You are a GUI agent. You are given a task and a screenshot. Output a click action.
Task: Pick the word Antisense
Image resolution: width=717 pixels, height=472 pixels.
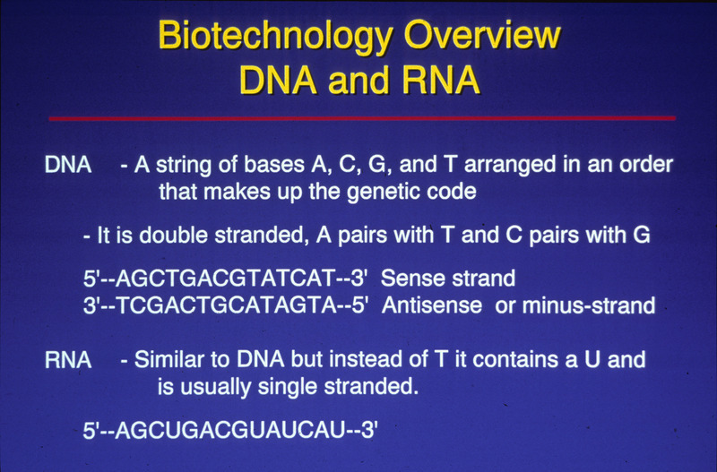click(426, 305)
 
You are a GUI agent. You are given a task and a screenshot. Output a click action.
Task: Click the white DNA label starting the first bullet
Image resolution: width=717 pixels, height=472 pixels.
click(67, 166)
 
